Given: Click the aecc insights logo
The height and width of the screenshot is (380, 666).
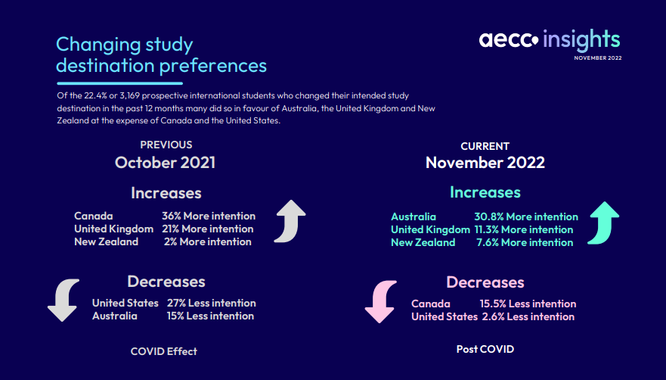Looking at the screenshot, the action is click(550, 39).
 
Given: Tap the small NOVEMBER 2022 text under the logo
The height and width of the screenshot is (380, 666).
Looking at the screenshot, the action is click(598, 58).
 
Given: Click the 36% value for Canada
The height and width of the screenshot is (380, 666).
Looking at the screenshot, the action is click(171, 216).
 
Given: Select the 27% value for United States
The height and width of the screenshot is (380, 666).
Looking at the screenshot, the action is click(176, 303).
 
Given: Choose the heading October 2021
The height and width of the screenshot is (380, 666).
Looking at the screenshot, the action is click(166, 163).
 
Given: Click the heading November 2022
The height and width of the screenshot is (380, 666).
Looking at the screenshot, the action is click(485, 163).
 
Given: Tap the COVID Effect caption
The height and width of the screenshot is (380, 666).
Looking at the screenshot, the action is click(164, 351).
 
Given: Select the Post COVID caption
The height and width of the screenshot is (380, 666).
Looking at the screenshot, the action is click(485, 350).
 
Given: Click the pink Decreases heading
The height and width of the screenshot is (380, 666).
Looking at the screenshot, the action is click(485, 282).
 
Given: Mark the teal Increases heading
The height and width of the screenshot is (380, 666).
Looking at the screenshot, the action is click(485, 192).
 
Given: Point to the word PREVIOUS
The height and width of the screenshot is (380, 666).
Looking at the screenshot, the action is click(166, 145).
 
